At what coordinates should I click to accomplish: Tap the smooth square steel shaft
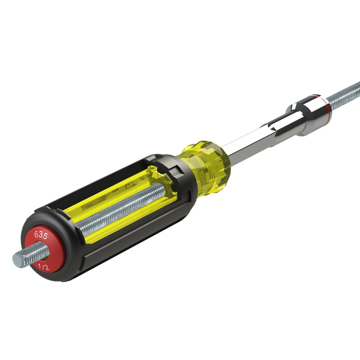click(248, 144)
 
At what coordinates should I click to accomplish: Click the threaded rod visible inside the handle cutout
click(122, 209)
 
